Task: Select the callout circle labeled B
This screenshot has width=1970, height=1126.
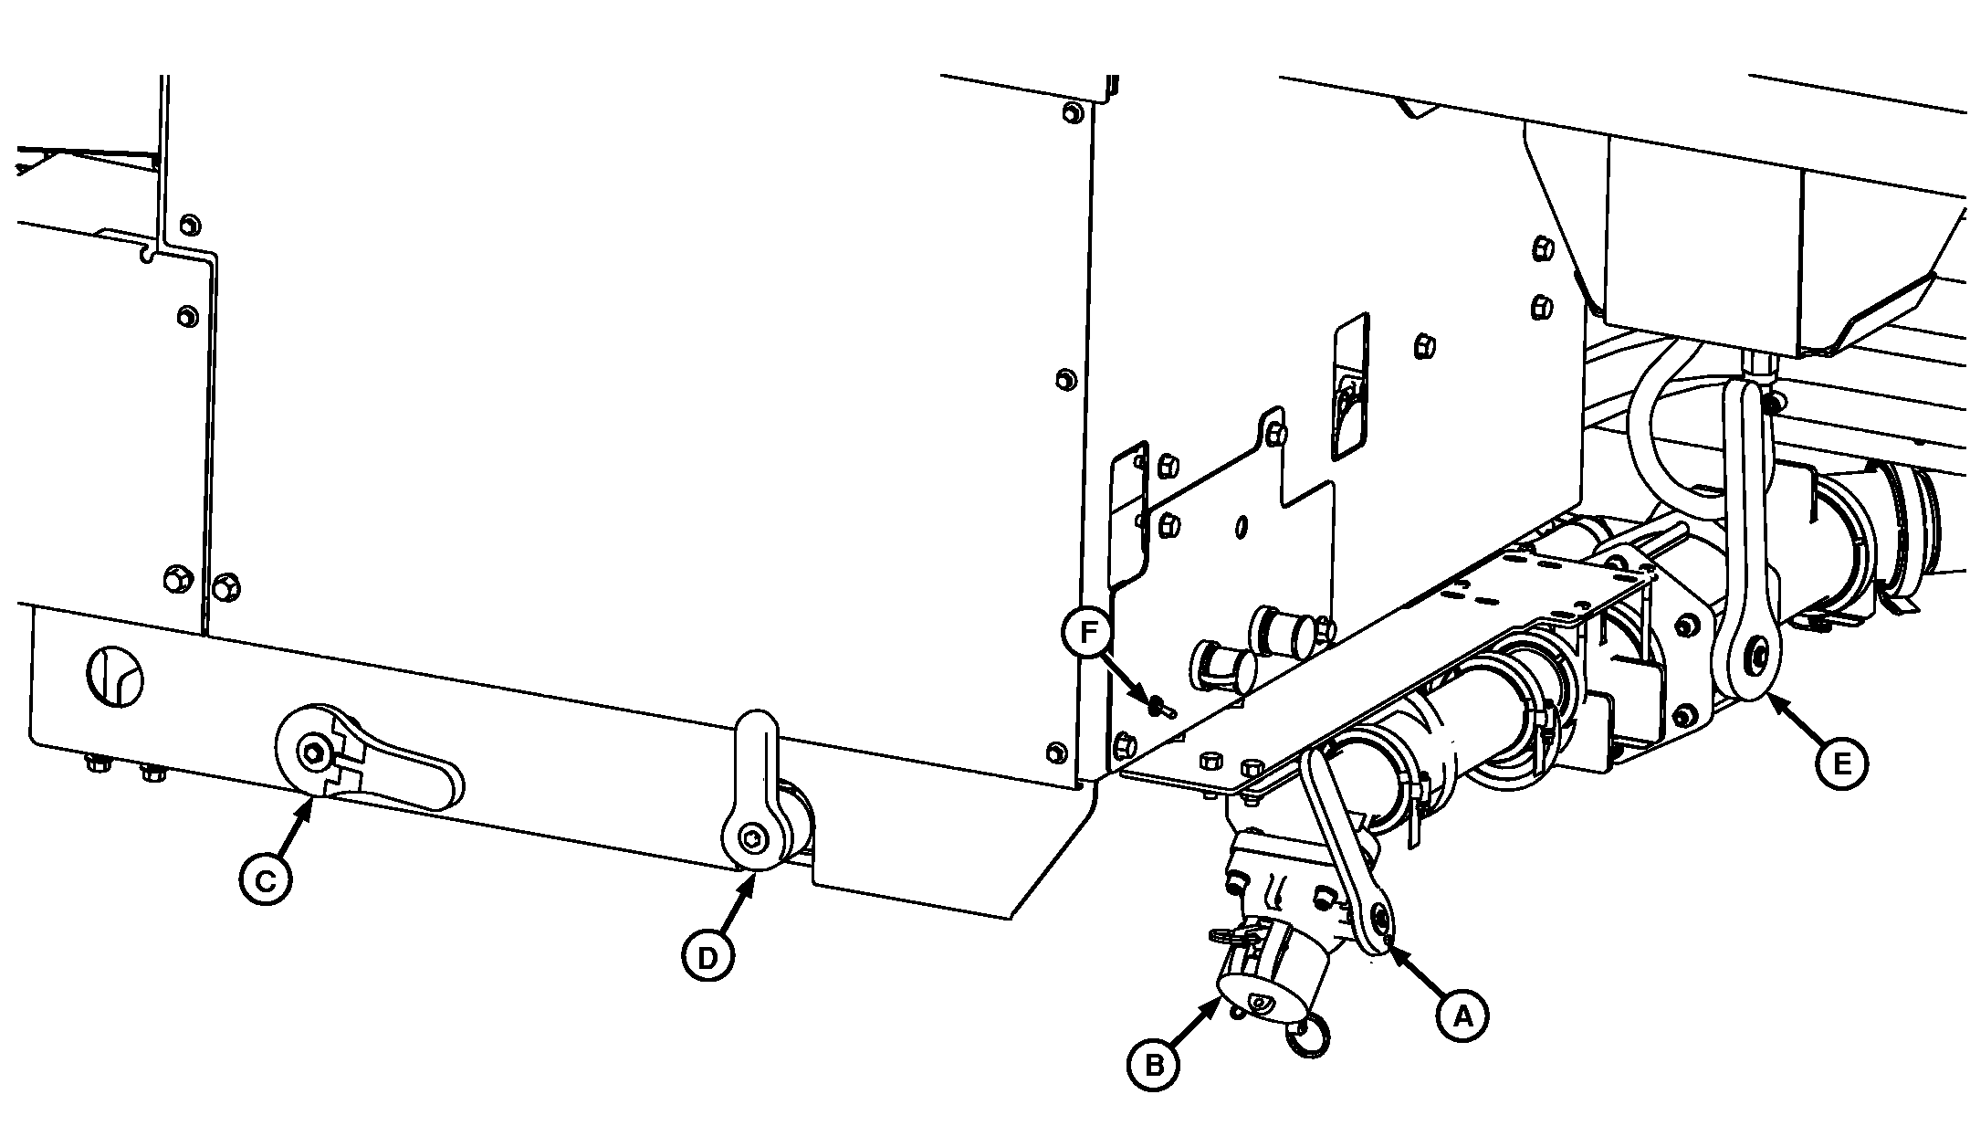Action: point(1154,1065)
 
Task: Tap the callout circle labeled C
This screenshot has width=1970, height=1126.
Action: point(265,880)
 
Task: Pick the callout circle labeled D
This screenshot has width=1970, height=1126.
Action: point(708,957)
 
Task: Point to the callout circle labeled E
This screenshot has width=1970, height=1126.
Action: point(1841,764)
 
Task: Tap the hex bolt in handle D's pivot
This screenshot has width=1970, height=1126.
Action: point(751,835)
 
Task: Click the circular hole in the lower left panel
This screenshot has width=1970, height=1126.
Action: point(115,676)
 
